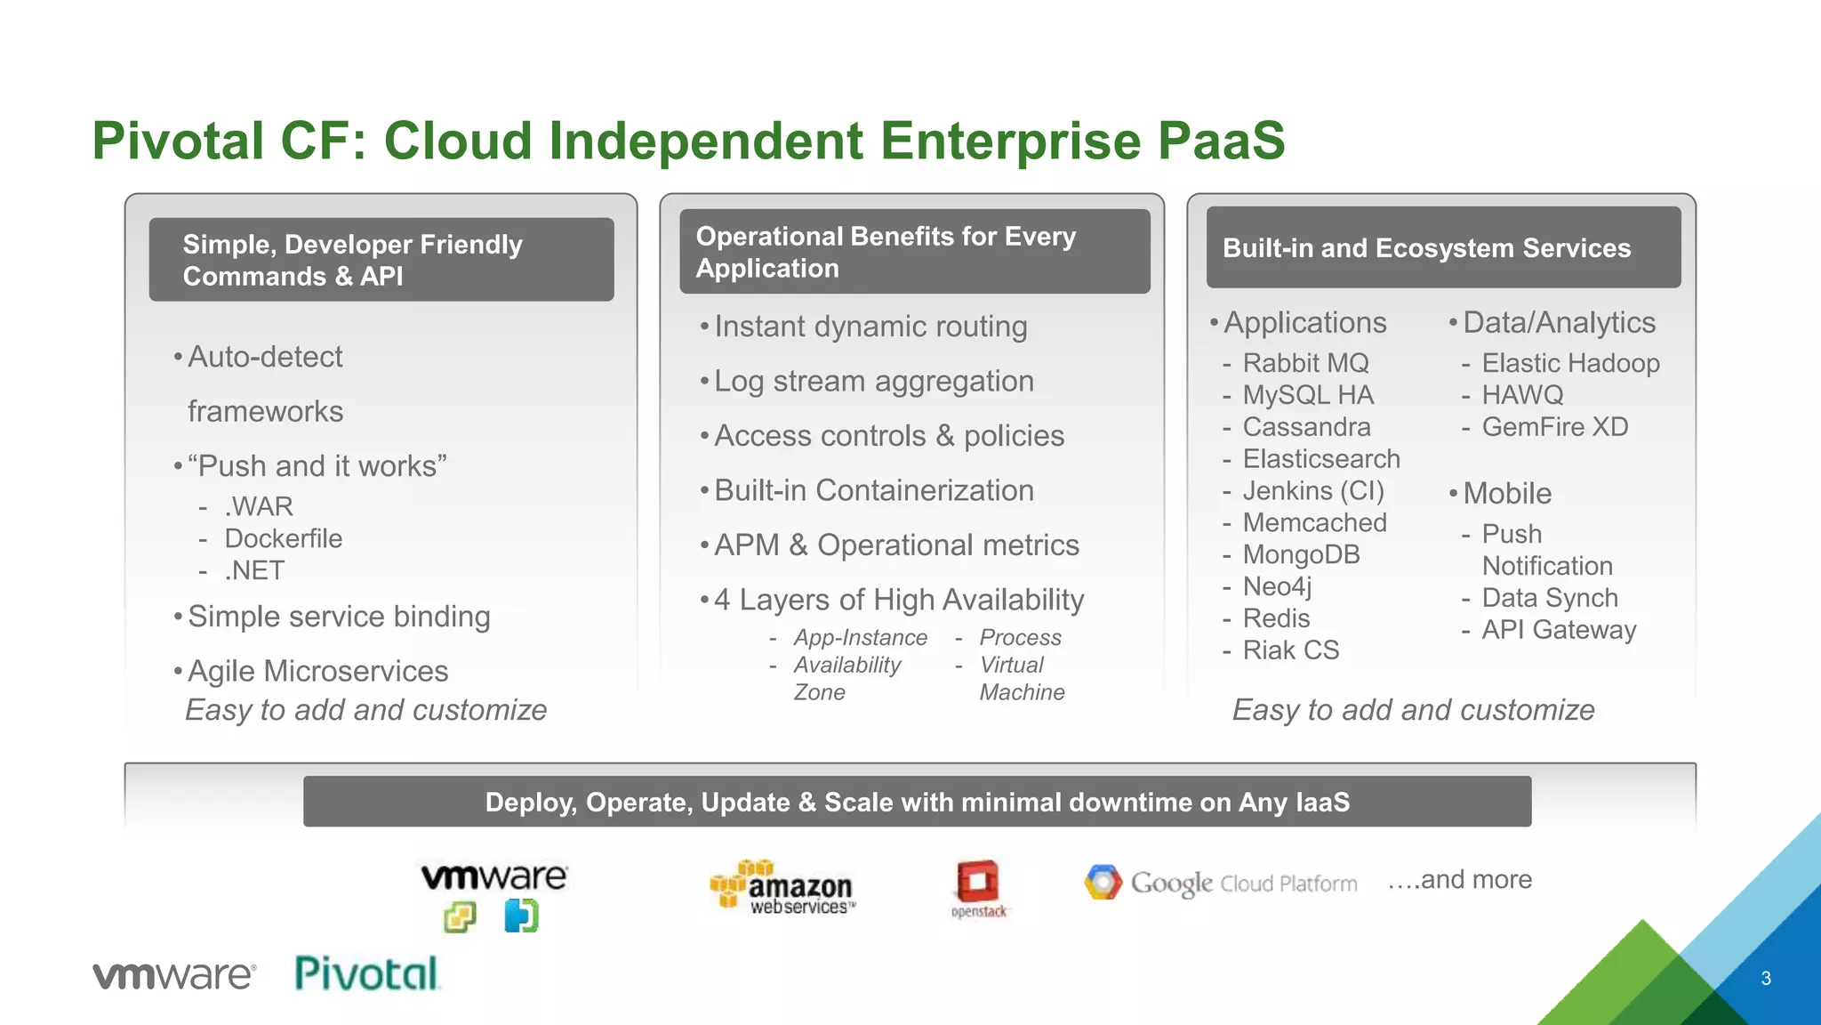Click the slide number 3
[x=1766, y=979]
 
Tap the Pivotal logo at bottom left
[x=366, y=974]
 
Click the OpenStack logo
[x=978, y=888]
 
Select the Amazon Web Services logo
[x=782, y=888]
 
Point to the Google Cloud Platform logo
[x=1221, y=883]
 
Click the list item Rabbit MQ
[x=1305, y=363]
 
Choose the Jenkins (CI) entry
[x=1313, y=491]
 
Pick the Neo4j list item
[x=1277, y=587]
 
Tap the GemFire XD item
[x=1554, y=427]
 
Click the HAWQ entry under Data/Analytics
[x=1522, y=395]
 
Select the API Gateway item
[x=1559, y=630]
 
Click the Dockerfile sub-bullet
[x=283, y=538]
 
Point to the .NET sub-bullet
[x=254, y=570]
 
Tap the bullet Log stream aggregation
[x=874, y=382]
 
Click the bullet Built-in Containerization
[x=874, y=491]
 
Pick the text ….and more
[x=1460, y=880]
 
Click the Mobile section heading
[x=1507, y=494]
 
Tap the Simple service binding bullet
[x=339, y=617]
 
